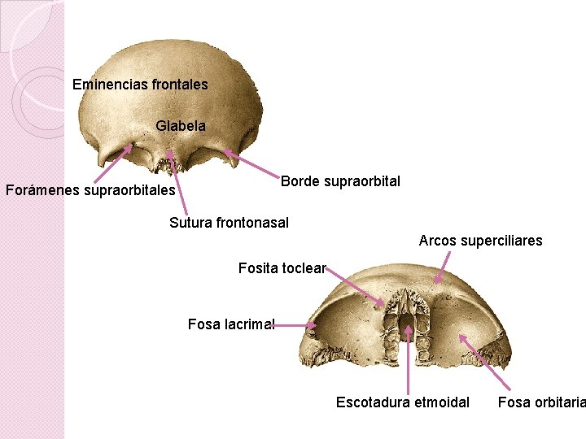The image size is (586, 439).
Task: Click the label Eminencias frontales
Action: point(140,85)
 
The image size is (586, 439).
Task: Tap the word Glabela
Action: point(181,127)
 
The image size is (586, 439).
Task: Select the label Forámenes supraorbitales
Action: point(90,191)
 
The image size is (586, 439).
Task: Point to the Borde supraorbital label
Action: point(340,181)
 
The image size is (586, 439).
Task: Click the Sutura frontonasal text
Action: point(229,223)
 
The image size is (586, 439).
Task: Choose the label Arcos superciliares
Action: point(480,241)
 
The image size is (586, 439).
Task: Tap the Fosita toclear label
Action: point(282,268)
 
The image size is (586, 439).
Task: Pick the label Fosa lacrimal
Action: point(231,324)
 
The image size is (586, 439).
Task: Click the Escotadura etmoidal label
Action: point(402,402)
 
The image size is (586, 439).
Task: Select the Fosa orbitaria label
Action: point(541,402)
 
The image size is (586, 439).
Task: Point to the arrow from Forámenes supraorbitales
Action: point(112,163)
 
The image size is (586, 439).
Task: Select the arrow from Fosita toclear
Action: point(355,286)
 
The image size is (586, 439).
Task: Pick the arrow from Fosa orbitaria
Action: point(484,363)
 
